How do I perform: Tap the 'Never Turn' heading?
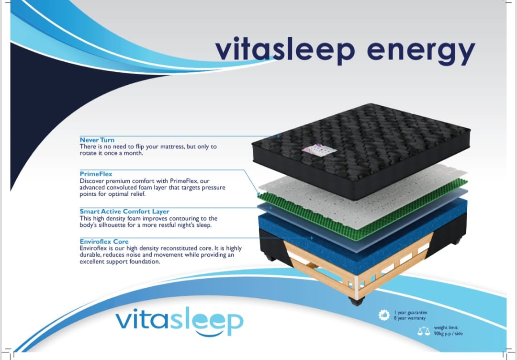97,140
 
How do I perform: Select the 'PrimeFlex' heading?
96,174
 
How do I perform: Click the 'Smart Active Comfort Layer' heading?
124,211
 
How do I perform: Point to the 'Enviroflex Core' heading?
104,241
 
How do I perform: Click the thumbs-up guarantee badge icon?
384,315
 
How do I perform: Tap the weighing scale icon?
424,331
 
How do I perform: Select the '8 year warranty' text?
409,318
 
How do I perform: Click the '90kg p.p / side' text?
448,334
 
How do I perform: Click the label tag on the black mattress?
319,150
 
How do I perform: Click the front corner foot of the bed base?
357,301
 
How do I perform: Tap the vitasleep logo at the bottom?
180,321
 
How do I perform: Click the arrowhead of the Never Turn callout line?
278,136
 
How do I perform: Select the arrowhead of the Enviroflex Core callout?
311,238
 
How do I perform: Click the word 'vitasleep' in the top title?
285,49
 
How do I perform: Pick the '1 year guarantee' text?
411,313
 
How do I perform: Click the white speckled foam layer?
363,194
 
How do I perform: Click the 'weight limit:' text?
446,328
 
